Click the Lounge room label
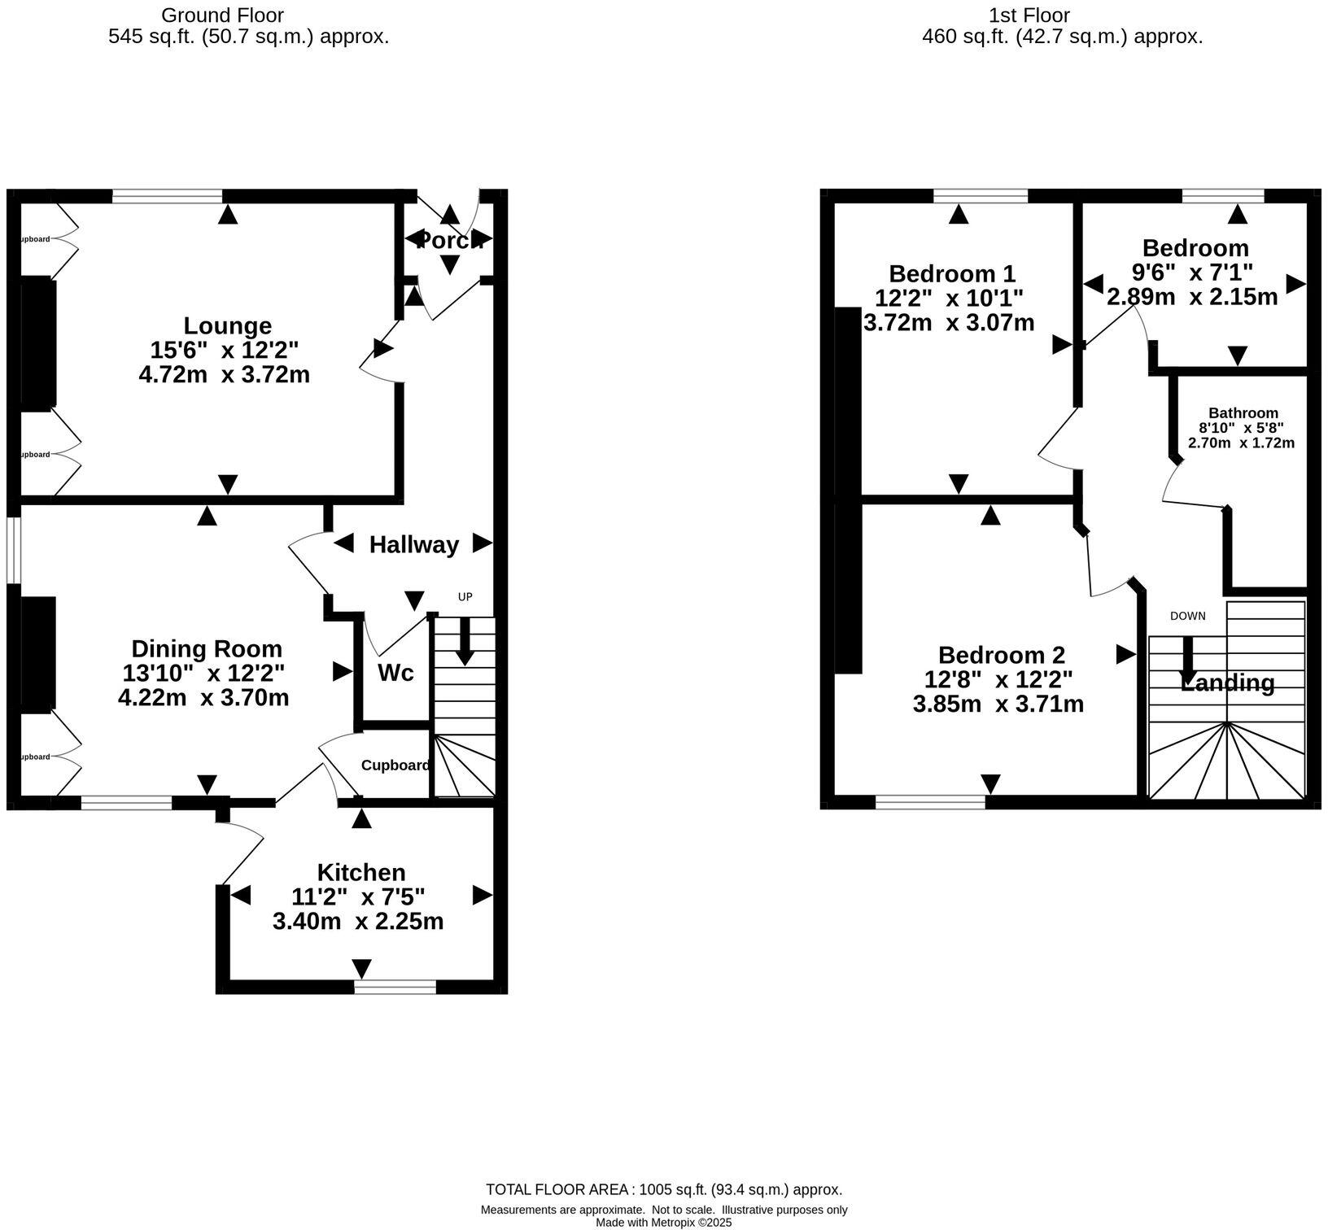(227, 325)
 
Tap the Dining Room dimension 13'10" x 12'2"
(203, 674)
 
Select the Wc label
(395, 673)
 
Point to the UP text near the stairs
(465, 597)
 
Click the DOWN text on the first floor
(1187, 616)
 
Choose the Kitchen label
(360, 872)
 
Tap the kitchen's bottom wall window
(395, 987)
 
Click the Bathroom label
(1243, 413)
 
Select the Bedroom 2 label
(1001, 655)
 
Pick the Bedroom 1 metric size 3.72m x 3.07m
(949, 323)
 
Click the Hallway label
(413, 545)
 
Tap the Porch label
(448, 241)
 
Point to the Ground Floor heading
(222, 15)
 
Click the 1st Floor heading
(1029, 15)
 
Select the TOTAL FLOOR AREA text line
(663, 1190)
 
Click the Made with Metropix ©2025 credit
(663, 1222)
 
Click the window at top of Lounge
(167, 196)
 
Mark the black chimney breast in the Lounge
(37, 342)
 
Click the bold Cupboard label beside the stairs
(395, 765)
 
